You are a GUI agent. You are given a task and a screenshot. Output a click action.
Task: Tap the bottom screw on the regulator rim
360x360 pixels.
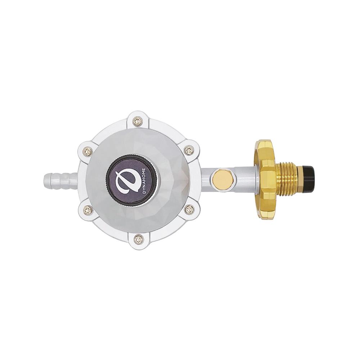click(138, 239)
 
